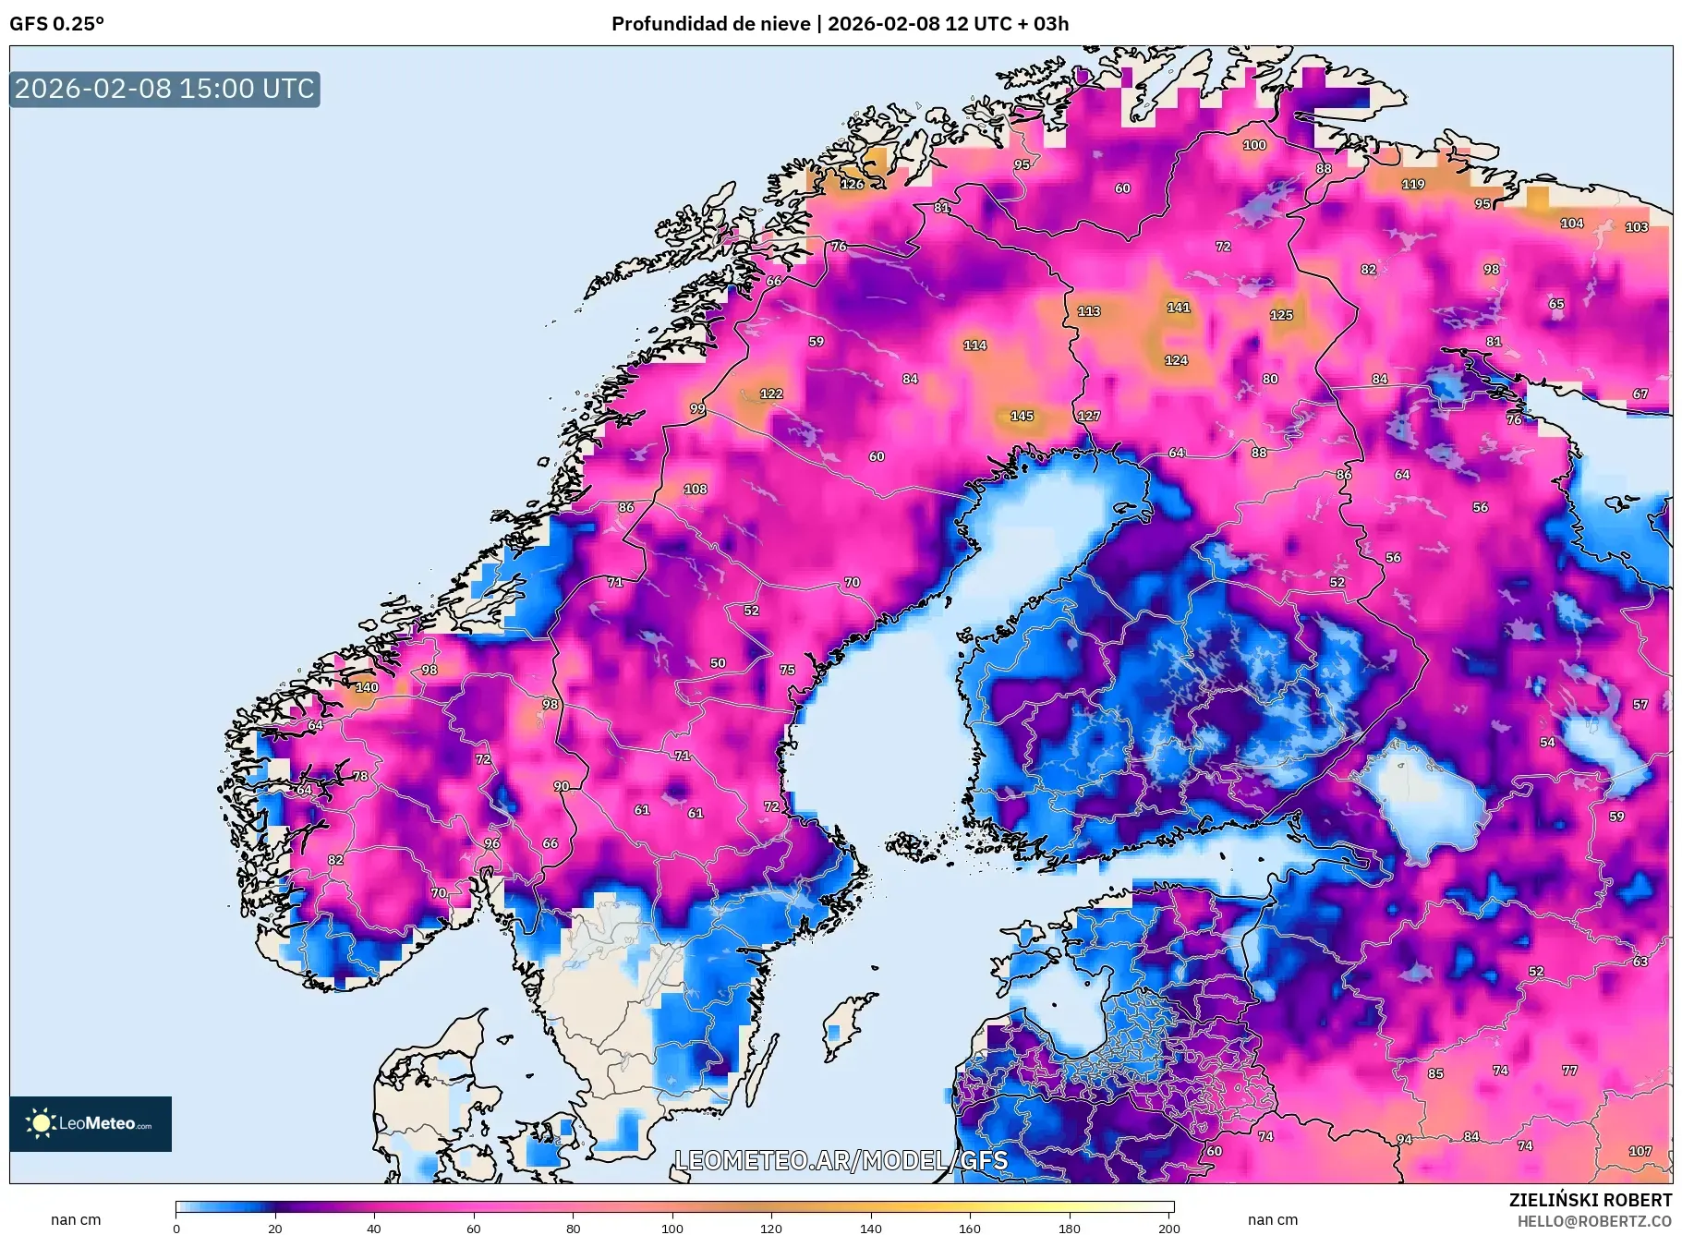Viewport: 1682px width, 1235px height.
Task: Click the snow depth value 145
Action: coord(1022,416)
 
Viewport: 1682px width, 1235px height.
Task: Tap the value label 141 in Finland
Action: coord(1178,308)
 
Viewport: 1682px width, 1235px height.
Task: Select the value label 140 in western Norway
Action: coord(367,687)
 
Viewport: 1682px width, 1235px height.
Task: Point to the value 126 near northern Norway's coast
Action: coord(852,184)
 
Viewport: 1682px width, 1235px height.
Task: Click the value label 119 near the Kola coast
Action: coord(1412,184)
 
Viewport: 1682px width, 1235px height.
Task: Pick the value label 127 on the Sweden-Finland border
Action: coord(1088,416)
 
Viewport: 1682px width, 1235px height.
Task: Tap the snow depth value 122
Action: coord(771,394)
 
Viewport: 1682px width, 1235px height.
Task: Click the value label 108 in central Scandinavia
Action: coord(695,489)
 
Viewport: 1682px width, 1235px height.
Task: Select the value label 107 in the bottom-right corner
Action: coord(1640,1151)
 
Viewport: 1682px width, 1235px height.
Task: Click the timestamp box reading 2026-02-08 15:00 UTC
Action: coord(164,90)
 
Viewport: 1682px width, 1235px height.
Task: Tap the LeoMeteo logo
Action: coord(91,1123)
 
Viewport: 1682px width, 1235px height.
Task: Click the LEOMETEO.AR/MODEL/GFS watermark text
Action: coord(841,1160)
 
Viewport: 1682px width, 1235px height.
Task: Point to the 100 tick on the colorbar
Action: coord(672,1228)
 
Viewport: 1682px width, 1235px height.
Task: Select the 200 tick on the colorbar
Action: coord(1168,1228)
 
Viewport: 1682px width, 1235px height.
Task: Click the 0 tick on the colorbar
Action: coord(176,1228)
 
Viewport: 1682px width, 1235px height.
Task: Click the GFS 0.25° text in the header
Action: coord(56,24)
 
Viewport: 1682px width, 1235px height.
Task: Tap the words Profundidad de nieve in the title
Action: coord(710,24)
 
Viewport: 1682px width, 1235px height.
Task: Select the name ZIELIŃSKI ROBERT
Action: coord(1590,1200)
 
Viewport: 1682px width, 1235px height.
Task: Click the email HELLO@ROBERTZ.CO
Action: coord(1593,1221)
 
